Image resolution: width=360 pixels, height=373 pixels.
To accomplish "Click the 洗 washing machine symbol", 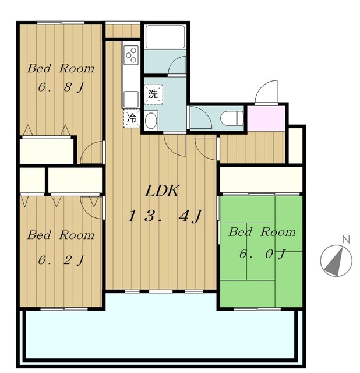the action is pyautogui.click(x=153, y=94).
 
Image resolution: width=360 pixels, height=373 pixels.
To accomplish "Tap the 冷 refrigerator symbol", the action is pyautogui.click(x=132, y=118).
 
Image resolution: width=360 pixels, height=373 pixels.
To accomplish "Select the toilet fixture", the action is pyautogui.click(x=232, y=118).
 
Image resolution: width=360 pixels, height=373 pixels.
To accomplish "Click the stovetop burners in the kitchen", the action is pyautogui.click(x=131, y=55).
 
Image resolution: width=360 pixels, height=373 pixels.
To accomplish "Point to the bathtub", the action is pyautogui.click(x=165, y=37).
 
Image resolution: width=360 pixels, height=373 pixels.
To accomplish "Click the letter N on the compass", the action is pyautogui.click(x=346, y=240).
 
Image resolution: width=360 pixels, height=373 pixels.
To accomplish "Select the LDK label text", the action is pyautogui.click(x=162, y=191).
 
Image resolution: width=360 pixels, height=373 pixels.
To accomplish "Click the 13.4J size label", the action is pyautogui.click(x=164, y=216).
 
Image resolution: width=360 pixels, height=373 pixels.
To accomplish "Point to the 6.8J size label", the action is pyautogui.click(x=61, y=87).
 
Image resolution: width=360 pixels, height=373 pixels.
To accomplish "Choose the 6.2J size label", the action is pyautogui.click(x=61, y=260).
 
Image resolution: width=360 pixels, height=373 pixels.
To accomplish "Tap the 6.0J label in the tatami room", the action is pyautogui.click(x=262, y=254).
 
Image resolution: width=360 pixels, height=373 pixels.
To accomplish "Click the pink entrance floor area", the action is pyautogui.click(x=266, y=118).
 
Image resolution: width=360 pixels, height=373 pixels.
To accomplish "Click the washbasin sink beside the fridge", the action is pyautogui.click(x=151, y=121).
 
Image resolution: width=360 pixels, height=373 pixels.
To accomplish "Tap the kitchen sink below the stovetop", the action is pyautogui.click(x=131, y=99).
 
